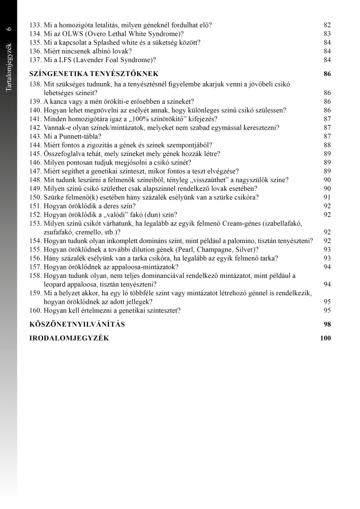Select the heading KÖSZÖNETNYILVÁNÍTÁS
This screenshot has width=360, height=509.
[77, 325]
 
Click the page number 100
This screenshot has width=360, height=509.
[326, 339]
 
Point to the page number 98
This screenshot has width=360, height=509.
[327, 325]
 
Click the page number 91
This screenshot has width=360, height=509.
[327, 197]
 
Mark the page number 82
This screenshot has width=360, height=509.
[327, 24]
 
